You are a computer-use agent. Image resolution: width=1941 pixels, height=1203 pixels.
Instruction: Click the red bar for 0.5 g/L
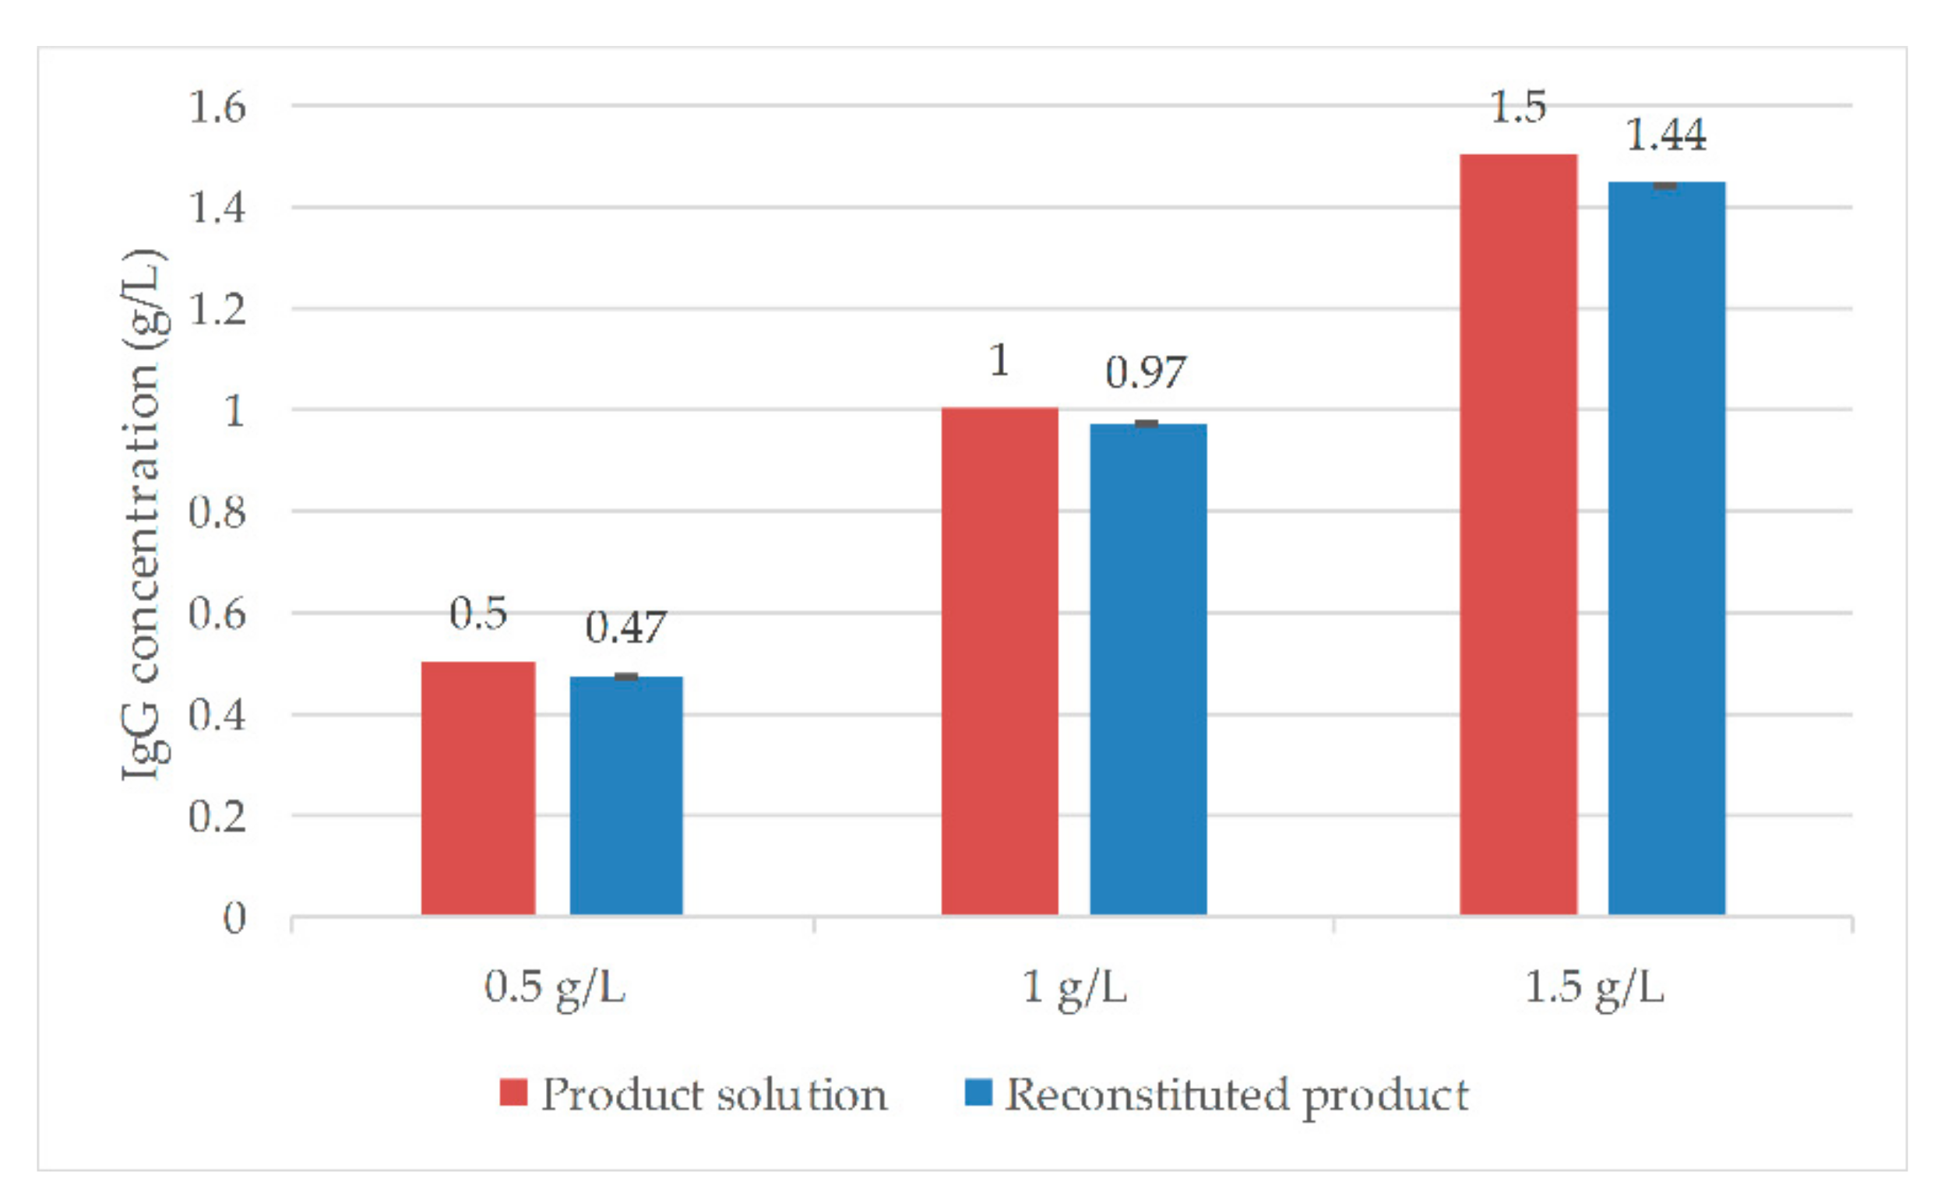point(477,787)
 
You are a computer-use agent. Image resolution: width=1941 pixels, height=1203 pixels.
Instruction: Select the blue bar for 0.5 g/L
point(625,795)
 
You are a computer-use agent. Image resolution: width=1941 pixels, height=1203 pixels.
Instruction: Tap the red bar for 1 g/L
point(999,660)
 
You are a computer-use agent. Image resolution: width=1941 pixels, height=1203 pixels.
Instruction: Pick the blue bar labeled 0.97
point(1147,668)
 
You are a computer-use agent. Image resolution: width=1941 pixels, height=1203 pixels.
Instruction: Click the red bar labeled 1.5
point(1517,534)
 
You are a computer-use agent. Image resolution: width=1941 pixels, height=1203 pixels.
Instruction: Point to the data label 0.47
point(625,628)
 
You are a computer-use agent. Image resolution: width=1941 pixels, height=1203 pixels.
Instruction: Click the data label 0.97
point(1145,372)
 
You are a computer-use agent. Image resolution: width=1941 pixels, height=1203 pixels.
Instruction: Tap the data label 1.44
point(1664,135)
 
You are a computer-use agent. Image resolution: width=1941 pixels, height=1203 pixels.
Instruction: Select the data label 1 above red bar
point(999,361)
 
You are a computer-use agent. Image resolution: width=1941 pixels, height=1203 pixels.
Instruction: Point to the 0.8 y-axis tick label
point(217,512)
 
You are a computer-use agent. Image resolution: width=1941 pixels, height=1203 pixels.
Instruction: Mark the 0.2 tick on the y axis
point(217,816)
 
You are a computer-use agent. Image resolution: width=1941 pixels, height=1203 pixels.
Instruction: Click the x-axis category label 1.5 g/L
point(1594,987)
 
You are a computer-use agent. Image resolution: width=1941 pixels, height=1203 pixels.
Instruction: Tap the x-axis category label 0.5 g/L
point(555,987)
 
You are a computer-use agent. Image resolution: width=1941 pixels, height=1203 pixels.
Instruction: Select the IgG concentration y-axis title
point(143,513)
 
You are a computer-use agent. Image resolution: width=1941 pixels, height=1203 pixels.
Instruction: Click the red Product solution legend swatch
point(513,1092)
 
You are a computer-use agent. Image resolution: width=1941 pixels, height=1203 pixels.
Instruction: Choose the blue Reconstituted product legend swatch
point(978,1092)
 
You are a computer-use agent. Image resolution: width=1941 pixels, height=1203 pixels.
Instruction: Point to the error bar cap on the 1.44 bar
point(1664,185)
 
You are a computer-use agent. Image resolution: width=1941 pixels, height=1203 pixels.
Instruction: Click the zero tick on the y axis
point(234,918)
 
